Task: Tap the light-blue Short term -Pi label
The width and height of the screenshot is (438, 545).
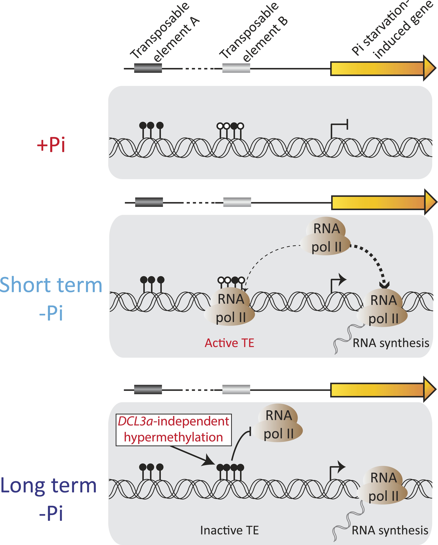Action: point(51,298)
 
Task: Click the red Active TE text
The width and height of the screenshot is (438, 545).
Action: point(229,343)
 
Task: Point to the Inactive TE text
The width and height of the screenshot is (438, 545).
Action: point(229,530)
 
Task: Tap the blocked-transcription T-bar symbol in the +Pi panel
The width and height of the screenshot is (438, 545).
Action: point(340,126)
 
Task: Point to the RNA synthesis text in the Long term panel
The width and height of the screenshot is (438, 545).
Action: point(390,530)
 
